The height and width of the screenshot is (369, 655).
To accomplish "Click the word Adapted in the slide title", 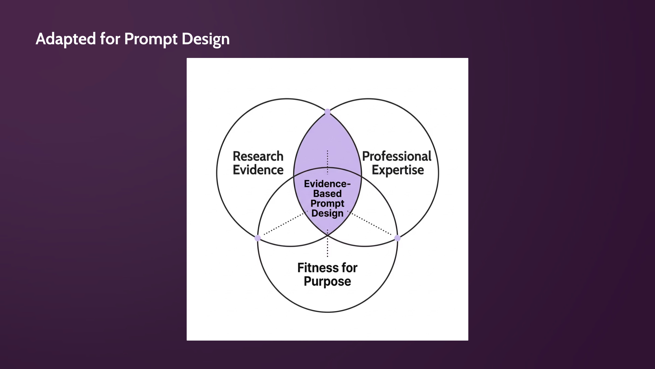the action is (66, 39).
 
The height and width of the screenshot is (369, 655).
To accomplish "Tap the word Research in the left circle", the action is (258, 156).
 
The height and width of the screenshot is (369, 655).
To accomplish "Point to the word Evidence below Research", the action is (258, 170).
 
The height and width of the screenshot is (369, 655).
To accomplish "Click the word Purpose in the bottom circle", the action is (327, 282).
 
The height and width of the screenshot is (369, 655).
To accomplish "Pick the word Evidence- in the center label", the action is (327, 184).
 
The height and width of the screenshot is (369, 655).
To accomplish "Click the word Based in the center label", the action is (327, 194).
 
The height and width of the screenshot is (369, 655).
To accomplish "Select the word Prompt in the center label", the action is (327, 204).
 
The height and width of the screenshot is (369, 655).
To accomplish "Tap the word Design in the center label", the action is (327, 213).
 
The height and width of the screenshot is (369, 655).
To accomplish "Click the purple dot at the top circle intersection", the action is (327, 112).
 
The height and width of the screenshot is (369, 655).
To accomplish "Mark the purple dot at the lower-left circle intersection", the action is (258, 238).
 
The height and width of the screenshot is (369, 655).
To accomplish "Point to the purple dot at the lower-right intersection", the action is (397, 238).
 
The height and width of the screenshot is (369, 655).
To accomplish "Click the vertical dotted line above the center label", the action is (327, 162).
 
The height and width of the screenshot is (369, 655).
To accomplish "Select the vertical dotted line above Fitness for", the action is (327, 243).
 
